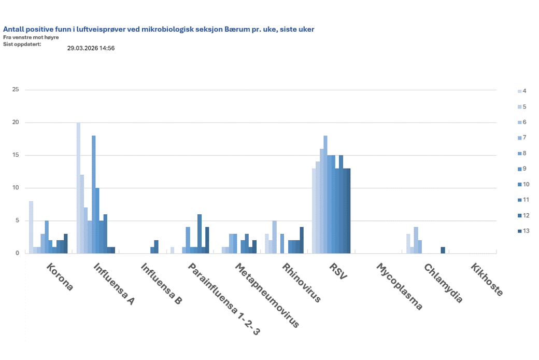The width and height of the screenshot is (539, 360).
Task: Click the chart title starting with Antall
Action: (159, 30)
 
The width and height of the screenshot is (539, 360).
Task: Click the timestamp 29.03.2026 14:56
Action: (91, 48)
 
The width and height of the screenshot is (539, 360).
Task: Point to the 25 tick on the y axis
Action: (16, 90)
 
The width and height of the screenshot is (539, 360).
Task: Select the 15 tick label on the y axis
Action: (16, 155)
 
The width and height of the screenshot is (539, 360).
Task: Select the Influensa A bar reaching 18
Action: (94, 195)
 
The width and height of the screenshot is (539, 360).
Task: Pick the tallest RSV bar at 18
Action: (325, 195)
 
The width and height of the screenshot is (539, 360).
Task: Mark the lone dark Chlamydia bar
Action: (443, 250)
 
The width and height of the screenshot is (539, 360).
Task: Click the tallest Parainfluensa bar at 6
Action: (199, 233)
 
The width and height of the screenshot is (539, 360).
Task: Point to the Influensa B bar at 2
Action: (156, 247)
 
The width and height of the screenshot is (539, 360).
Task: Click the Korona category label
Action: (60, 278)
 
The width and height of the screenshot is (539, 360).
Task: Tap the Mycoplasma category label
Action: (399, 287)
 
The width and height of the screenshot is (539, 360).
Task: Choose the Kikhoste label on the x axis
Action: (487, 280)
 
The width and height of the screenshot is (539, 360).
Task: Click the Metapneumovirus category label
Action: (267, 295)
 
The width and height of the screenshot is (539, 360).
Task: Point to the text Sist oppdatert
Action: (22, 44)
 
